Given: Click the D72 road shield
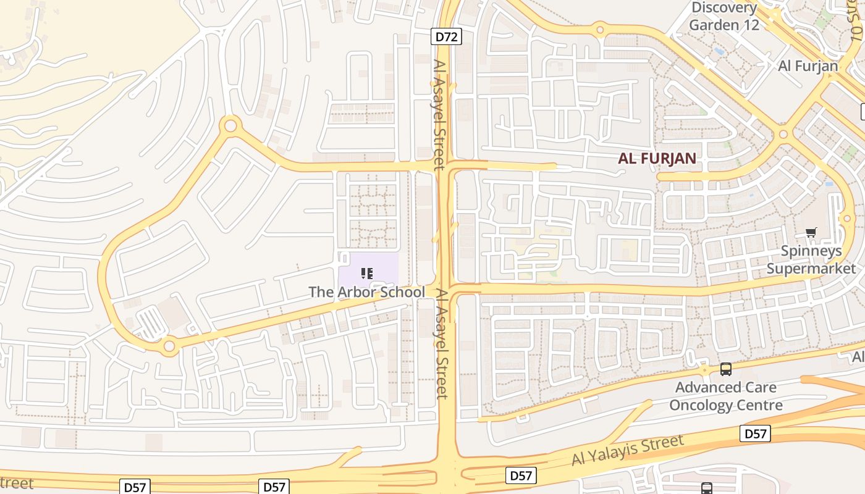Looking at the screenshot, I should [445, 37].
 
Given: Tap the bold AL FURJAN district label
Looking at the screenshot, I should [657, 158].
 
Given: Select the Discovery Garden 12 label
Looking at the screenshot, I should [724, 17].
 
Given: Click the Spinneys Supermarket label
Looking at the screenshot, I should [811, 259].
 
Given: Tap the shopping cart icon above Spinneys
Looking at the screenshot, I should [811, 233].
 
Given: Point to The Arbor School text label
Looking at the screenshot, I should [366, 292].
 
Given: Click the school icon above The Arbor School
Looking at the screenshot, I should [367, 273].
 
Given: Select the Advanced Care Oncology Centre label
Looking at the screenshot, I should [725, 396].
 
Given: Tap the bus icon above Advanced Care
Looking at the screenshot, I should [725, 369].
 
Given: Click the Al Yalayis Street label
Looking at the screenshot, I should [628, 450].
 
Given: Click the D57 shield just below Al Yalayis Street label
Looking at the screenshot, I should [521, 475].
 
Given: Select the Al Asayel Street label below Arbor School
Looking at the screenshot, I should [441, 344].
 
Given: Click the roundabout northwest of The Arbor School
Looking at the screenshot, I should [230, 126].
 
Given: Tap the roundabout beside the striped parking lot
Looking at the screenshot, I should [169, 346].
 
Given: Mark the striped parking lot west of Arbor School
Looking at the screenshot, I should [148, 323].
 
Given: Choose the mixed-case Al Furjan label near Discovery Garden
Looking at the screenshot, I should [808, 66].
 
